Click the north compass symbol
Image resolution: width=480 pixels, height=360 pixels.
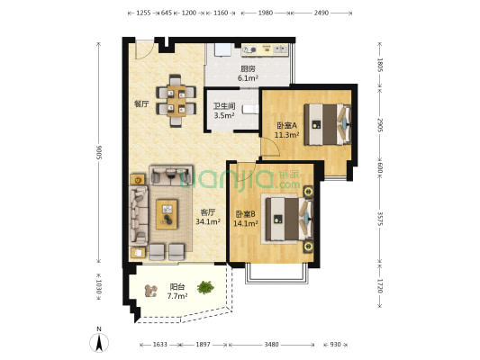pyautogui.click(x=99, y=340)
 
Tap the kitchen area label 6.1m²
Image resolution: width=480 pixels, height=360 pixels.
pyautogui.click(x=248, y=78)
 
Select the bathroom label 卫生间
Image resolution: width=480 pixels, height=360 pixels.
pyautogui.click(x=224, y=106)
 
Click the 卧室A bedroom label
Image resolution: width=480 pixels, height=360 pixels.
pyautogui.click(x=287, y=125)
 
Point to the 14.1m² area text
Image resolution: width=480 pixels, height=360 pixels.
pyautogui.click(x=246, y=223)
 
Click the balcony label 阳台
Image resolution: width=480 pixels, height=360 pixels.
pyautogui.click(x=177, y=287)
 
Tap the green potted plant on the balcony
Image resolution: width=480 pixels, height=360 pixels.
pyautogui.click(x=205, y=287)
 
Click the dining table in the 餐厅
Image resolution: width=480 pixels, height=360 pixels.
pyautogui.click(x=177, y=101)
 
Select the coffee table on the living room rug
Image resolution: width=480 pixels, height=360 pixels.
pyautogui.click(x=167, y=214)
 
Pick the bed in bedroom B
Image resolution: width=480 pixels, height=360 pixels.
pyautogui.click(x=289, y=219)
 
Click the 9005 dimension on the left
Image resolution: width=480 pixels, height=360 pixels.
pyautogui.click(x=99, y=152)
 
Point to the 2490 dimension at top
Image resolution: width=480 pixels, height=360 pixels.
pyautogui.click(x=321, y=13)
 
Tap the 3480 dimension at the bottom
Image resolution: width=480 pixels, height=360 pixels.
pyautogui.click(x=272, y=345)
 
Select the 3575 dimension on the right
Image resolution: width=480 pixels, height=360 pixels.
pyautogui.click(x=380, y=219)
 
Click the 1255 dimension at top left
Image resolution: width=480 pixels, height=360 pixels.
pyautogui.click(x=143, y=13)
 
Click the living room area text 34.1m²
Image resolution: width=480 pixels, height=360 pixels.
pyautogui.click(x=208, y=221)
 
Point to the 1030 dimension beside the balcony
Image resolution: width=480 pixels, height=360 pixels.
pyautogui.click(x=99, y=287)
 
